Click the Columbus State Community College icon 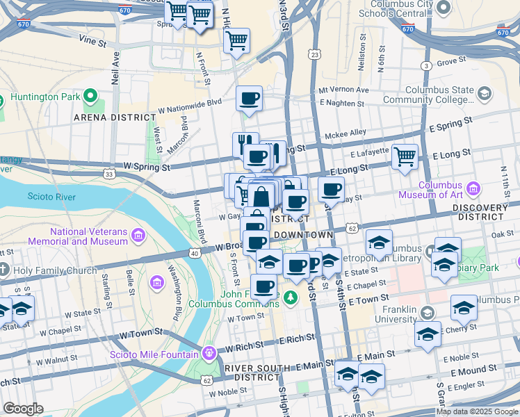(x=485, y=93)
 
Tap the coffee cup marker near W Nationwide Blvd (x=249, y=98)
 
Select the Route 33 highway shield (x=109, y=174)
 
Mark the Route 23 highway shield (x=316, y=54)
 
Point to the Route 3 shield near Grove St (x=424, y=65)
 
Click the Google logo (x=23, y=409)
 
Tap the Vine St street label (x=92, y=42)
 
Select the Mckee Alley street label (x=348, y=132)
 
